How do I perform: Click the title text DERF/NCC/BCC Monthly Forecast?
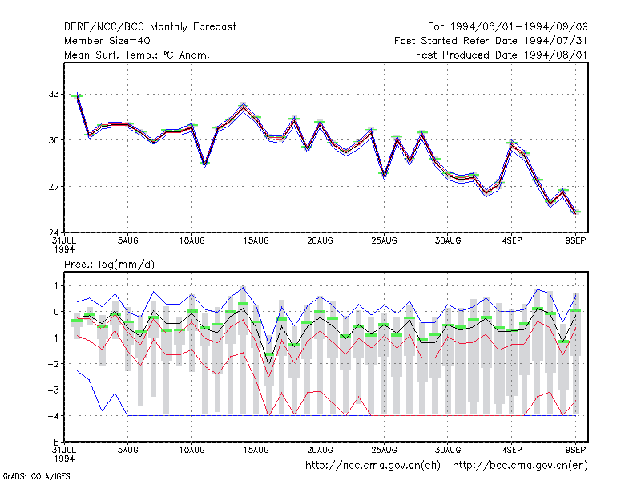(150, 27)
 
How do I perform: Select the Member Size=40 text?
(107, 41)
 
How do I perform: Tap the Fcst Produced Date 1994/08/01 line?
(502, 55)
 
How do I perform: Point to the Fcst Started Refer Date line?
(490, 41)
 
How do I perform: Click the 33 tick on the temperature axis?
(54, 94)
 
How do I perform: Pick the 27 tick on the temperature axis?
(54, 187)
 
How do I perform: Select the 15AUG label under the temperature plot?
(256, 241)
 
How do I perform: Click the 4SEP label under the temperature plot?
(512, 241)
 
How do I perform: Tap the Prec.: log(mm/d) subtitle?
(109, 265)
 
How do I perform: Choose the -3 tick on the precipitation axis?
(54, 390)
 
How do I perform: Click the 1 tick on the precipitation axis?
(56, 285)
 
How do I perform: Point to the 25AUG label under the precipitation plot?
(384, 450)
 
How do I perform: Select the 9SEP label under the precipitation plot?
(575, 450)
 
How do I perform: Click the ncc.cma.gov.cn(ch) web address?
(373, 466)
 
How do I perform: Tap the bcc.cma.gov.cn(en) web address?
(520, 466)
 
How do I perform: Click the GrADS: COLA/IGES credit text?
(36, 476)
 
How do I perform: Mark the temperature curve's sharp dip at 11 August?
(205, 164)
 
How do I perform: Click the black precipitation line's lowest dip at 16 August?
(268, 363)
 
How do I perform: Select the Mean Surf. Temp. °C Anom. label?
(137, 55)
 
